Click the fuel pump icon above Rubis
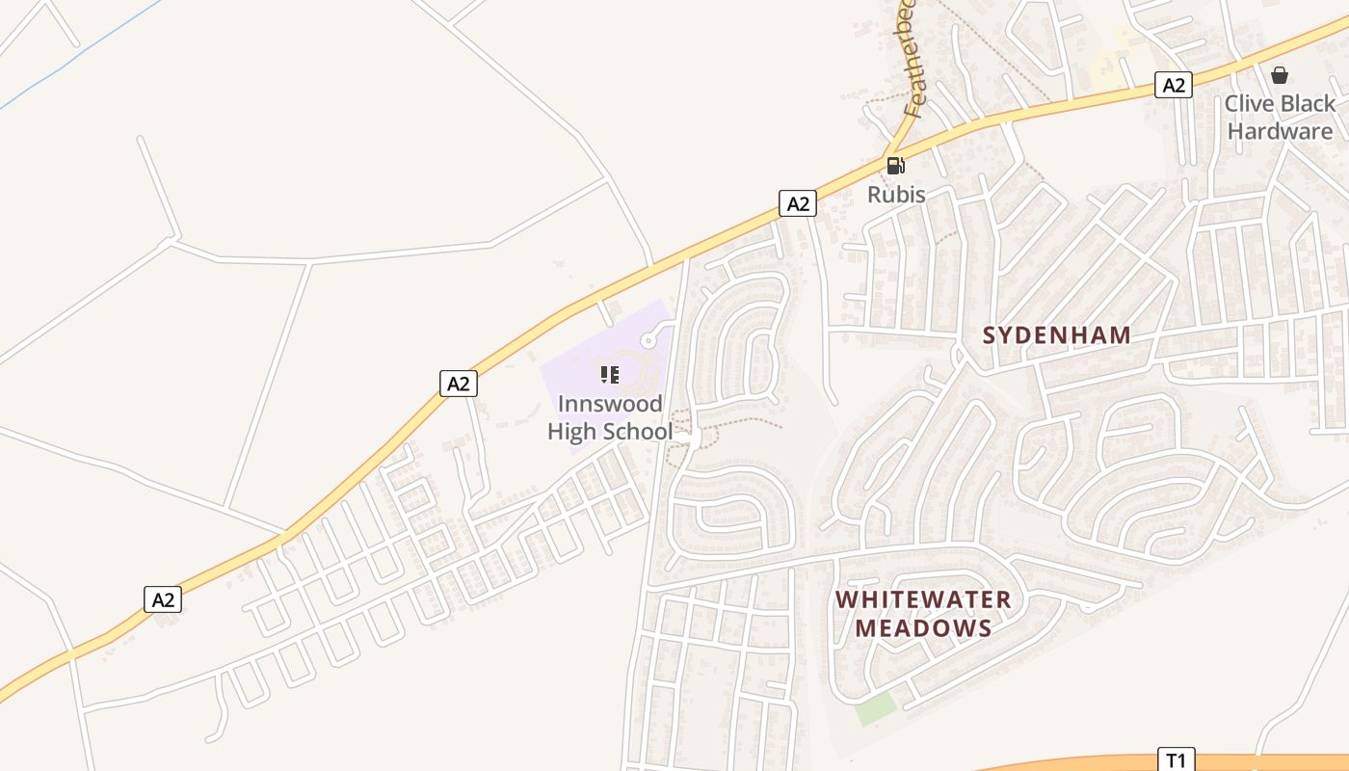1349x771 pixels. pyautogui.click(x=895, y=166)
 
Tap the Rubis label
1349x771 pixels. pyautogui.click(x=896, y=195)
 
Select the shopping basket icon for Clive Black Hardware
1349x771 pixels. pyautogui.click(x=1280, y=74)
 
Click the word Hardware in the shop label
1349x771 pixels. pyautogui.click(x=1280, y=131)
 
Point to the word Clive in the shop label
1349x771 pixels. pyautogui.click(x=1250, y=103)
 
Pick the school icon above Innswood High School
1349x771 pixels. pyautogui.click(x=609, y=374)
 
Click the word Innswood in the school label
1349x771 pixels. pyautogui.click(x=610, y=404)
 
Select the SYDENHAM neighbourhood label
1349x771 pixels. pyautogui.click(x=1056, y=335)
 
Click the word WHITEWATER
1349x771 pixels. pyautogui.click(x=923, y=599)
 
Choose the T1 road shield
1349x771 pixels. pyautogui.click(x=1175, y=759)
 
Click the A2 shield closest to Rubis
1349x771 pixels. pyautogui.click(x=797, y=203)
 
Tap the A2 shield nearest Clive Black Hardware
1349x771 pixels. pyautogui.click(x=1173, y=85)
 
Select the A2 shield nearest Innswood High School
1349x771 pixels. pyautogui.click(x=458, y=383)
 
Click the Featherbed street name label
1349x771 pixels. pyautogui.click(x=912, y=67)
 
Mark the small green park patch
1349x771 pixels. pyautogui.click(x=876, y=709)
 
